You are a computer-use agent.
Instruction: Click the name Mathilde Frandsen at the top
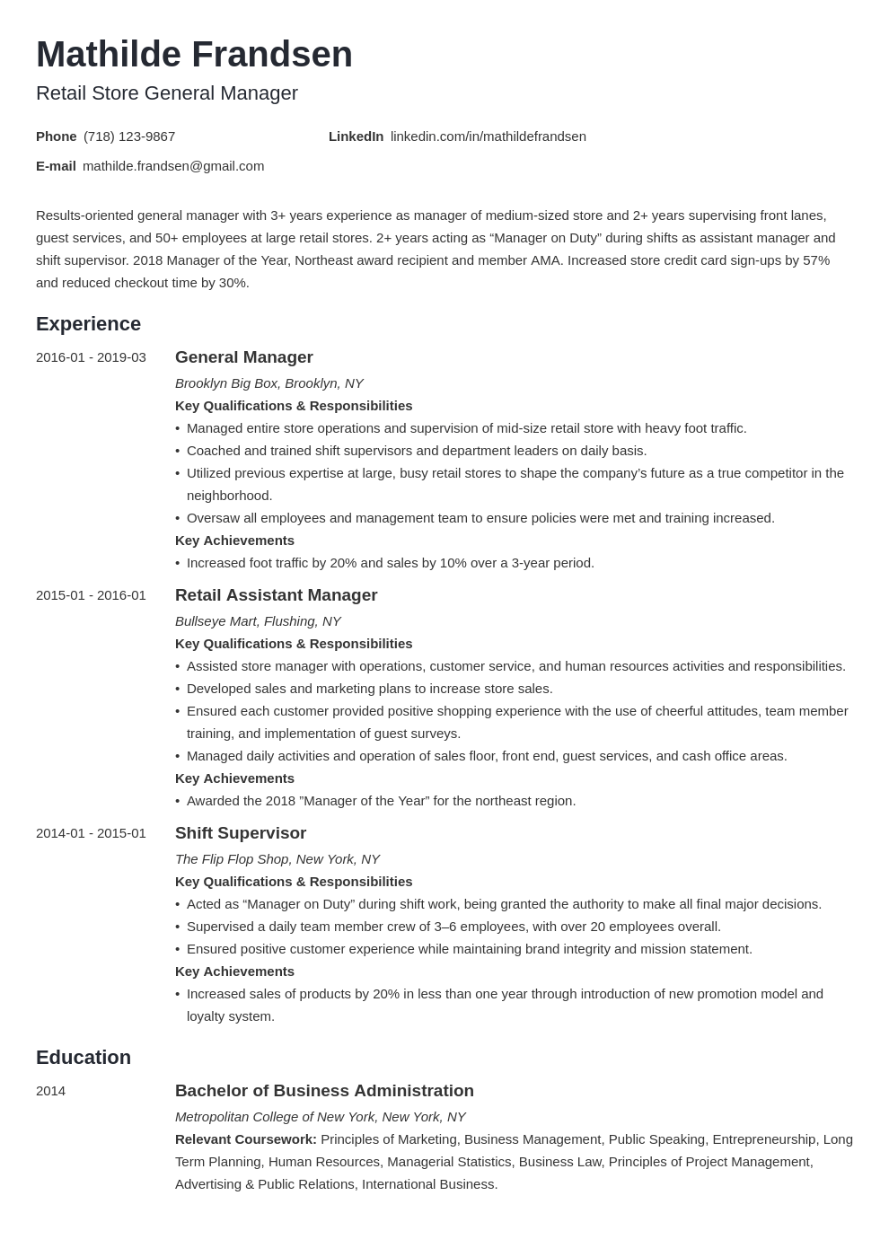(194, 55)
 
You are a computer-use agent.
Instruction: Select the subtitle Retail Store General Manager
(167, 93)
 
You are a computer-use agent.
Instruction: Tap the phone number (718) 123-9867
(129, 136)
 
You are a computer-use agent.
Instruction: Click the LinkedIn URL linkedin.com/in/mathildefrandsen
(488, 136)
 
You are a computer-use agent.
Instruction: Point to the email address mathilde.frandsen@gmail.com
(173, 166)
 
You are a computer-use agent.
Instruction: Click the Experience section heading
(88, 324)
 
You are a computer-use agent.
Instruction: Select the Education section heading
(84, 1058)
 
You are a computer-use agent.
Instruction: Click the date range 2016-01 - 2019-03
(91, 357)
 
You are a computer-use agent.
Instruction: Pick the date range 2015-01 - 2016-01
(91, 595)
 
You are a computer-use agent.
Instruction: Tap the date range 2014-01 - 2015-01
(91, 833)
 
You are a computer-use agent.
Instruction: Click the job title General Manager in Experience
(243, 357)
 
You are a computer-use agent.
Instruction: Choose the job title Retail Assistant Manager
(276, 595)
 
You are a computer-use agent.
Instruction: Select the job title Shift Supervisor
(241, 833)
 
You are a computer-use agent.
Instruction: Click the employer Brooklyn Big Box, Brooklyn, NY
(268, 383)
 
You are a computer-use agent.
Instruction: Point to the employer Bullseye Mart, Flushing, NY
(258, 621)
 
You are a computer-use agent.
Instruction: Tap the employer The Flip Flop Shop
(277, 859)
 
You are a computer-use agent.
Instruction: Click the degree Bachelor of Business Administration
(324, 1091)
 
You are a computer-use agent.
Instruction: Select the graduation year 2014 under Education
(50, 1091)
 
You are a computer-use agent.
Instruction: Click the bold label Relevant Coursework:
(245, 1139)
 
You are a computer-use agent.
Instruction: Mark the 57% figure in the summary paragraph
(815, 260)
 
